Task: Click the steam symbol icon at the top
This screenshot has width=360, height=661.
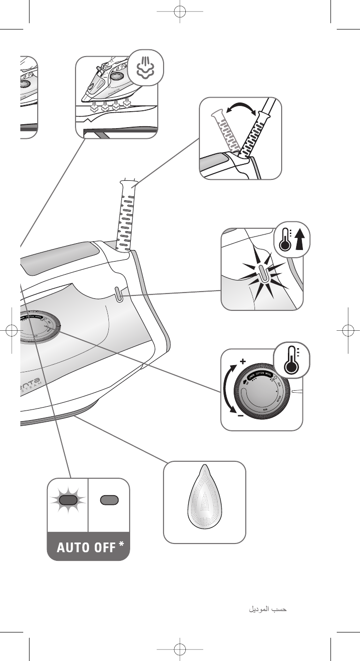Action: coord(145,68)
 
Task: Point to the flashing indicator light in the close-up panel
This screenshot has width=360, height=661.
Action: coord(262,273)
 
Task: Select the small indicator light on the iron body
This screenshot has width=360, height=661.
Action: coord(118,294)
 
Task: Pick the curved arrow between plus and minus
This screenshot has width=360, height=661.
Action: coord(227,389)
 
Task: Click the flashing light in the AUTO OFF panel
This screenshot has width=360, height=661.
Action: coord(68,500)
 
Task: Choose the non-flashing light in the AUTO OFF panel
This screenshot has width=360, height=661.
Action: coord(108,500)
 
